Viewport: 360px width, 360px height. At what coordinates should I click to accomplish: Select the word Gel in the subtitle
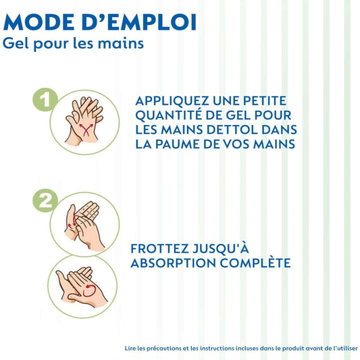(x=16, y=43)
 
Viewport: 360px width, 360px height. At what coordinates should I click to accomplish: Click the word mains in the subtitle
(x=121, y=43)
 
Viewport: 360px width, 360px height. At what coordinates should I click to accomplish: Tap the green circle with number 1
(x=45, y=100)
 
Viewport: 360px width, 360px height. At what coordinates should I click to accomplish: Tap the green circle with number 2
(x=45, y=201)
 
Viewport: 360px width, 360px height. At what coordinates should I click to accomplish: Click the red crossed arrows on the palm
(x=86, y=130)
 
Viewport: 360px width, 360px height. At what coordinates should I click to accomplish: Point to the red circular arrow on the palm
(x=89, y=290)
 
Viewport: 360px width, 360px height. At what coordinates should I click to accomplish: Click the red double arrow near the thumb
(x=73, y=222)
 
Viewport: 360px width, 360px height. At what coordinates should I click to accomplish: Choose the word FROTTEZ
(x=159, y=249)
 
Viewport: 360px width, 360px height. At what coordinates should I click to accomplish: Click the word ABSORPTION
(x=174, y=263)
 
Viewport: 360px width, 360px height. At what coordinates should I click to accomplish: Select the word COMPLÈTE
(x=255, y=263)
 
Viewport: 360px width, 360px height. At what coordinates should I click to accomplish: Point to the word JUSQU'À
(x=221, y=248)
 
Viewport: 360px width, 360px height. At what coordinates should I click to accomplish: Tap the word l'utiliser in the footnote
(x=345, y=348)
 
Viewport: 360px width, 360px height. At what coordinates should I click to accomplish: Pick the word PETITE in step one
(x=265, y=101)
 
